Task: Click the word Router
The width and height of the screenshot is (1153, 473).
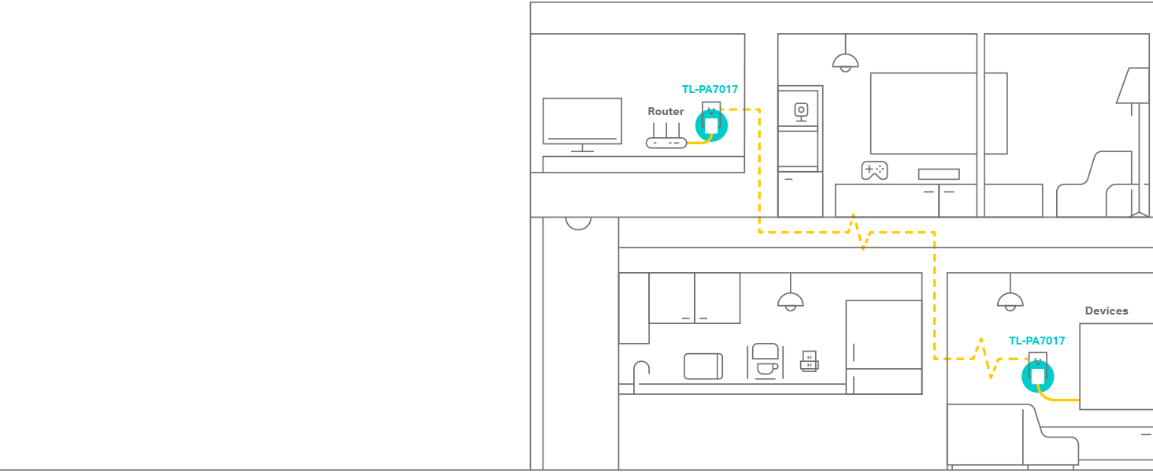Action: coord(665,112)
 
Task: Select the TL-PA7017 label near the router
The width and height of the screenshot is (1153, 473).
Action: coord(710,90)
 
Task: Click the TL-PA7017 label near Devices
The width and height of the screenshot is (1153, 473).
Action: coord(1036,341)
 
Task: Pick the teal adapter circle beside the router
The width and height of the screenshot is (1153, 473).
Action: coord(711,125)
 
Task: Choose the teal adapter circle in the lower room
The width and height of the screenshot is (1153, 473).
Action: coord(1037,376)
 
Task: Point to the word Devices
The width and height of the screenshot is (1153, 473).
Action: coord(1106,311)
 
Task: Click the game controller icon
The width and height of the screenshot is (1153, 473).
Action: coord(874,170)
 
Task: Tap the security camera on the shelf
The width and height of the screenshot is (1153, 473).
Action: coord(801,110)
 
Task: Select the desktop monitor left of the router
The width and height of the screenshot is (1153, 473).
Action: coord(582,121)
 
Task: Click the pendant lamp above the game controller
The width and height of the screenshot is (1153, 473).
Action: coord(845,61)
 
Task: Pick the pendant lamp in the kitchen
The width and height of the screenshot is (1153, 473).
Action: coord(790,300)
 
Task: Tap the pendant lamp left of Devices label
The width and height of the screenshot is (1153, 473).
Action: coord(1010,300)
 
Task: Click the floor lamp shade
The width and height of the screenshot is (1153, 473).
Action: coord(1133,85)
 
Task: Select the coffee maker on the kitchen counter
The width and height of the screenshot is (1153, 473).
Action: coord(765,360)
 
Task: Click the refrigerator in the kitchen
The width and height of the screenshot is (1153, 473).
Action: coord(884,347)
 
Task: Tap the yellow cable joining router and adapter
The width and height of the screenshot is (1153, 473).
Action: coord(698,143)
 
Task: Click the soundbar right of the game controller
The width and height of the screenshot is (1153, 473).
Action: coord(938,174)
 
